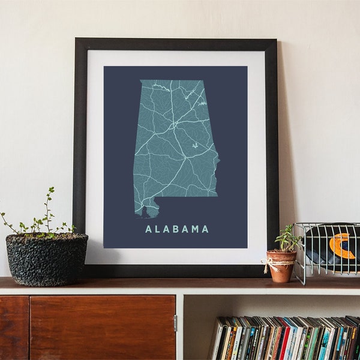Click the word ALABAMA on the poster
(177, 229)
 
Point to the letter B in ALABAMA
(176, 229)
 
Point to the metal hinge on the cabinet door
(175, 323)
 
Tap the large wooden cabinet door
(102, 327)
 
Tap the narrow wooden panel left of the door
(14, 327)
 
